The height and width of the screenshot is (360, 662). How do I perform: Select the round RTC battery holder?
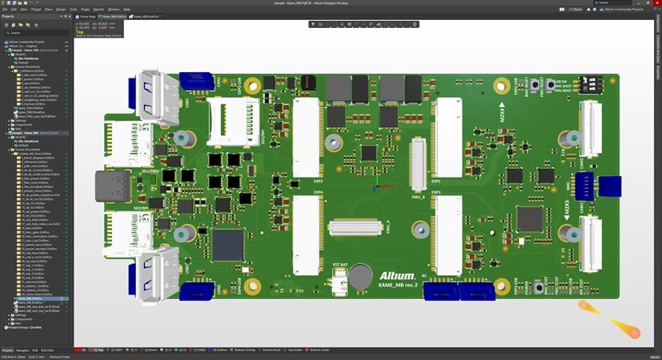[x=359, y=277]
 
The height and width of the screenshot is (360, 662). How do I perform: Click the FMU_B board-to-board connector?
[x=417, y=163]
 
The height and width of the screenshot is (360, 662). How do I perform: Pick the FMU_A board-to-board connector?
[x=356, y=228]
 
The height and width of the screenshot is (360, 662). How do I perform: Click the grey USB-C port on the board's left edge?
[x=110, y=186]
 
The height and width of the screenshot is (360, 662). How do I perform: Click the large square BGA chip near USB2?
[x=227, y=244]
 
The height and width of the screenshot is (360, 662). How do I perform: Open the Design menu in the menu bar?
[x=60, y=9]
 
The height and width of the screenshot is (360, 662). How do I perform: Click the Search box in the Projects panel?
[x=36, y=33]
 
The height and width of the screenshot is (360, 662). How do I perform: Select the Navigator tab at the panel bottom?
[x=22, y=350]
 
